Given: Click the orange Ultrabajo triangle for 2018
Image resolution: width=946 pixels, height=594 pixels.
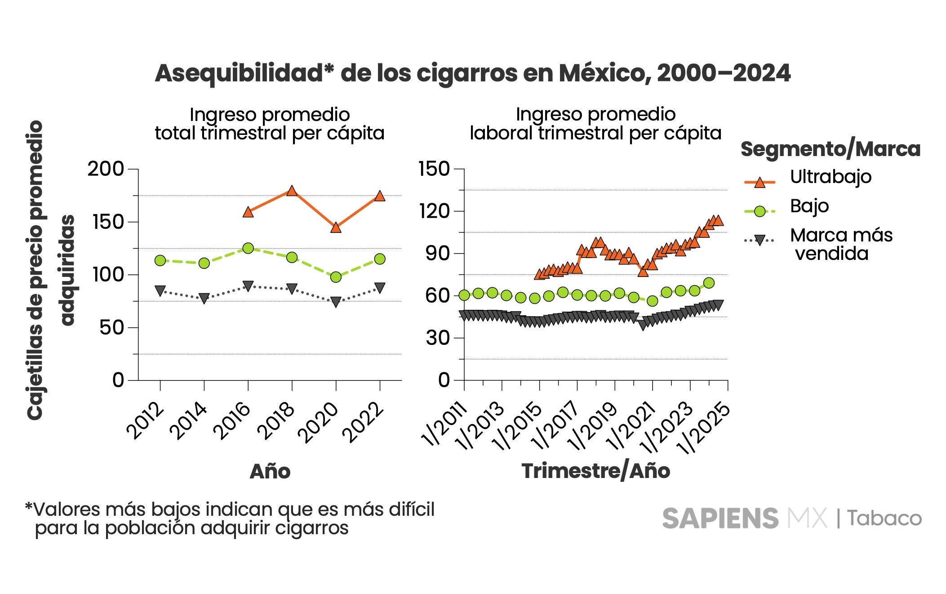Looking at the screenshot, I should pyautogui.click(x=292, y=191).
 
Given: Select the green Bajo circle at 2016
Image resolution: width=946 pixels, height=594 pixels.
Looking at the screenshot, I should pyautogui.click(x=248, y=248).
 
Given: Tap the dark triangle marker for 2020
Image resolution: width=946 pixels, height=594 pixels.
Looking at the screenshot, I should pyautogui.click(x=336, y=302).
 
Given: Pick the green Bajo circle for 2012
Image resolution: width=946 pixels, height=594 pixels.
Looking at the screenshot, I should pyautogui.click(x=160, y=260).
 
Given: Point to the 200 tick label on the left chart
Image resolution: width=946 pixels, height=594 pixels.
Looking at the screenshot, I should pyautogui.click(x=106, y=169).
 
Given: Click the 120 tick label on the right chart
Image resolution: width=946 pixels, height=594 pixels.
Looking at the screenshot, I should pyautogui.click(x=434, y=211).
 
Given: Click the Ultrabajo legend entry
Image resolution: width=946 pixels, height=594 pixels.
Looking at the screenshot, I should pyautogui.click(x=831, y=177).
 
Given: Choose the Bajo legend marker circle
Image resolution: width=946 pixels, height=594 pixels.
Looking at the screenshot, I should pyautogui.click(x=759, y=211).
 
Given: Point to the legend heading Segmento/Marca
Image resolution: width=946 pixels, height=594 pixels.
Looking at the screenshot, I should pyautogui.click(x=831, y=149).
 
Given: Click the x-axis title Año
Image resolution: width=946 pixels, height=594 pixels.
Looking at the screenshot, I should pyautogui.click(x=270, y=471).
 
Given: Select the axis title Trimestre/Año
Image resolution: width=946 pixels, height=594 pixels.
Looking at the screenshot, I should pyautogui.click(x=595, y=471).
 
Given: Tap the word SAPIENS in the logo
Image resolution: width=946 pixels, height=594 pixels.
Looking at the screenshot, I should pyautogui.click(x=720, y=518).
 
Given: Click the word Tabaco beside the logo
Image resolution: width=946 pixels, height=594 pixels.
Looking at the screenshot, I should pyautogui.click(x=884, y=518).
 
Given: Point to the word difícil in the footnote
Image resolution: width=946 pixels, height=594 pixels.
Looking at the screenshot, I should pyautogui.click(x=412, y=509).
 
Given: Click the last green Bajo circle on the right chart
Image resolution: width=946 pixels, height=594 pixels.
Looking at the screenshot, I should pyautogui.click(x=709, y=283).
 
